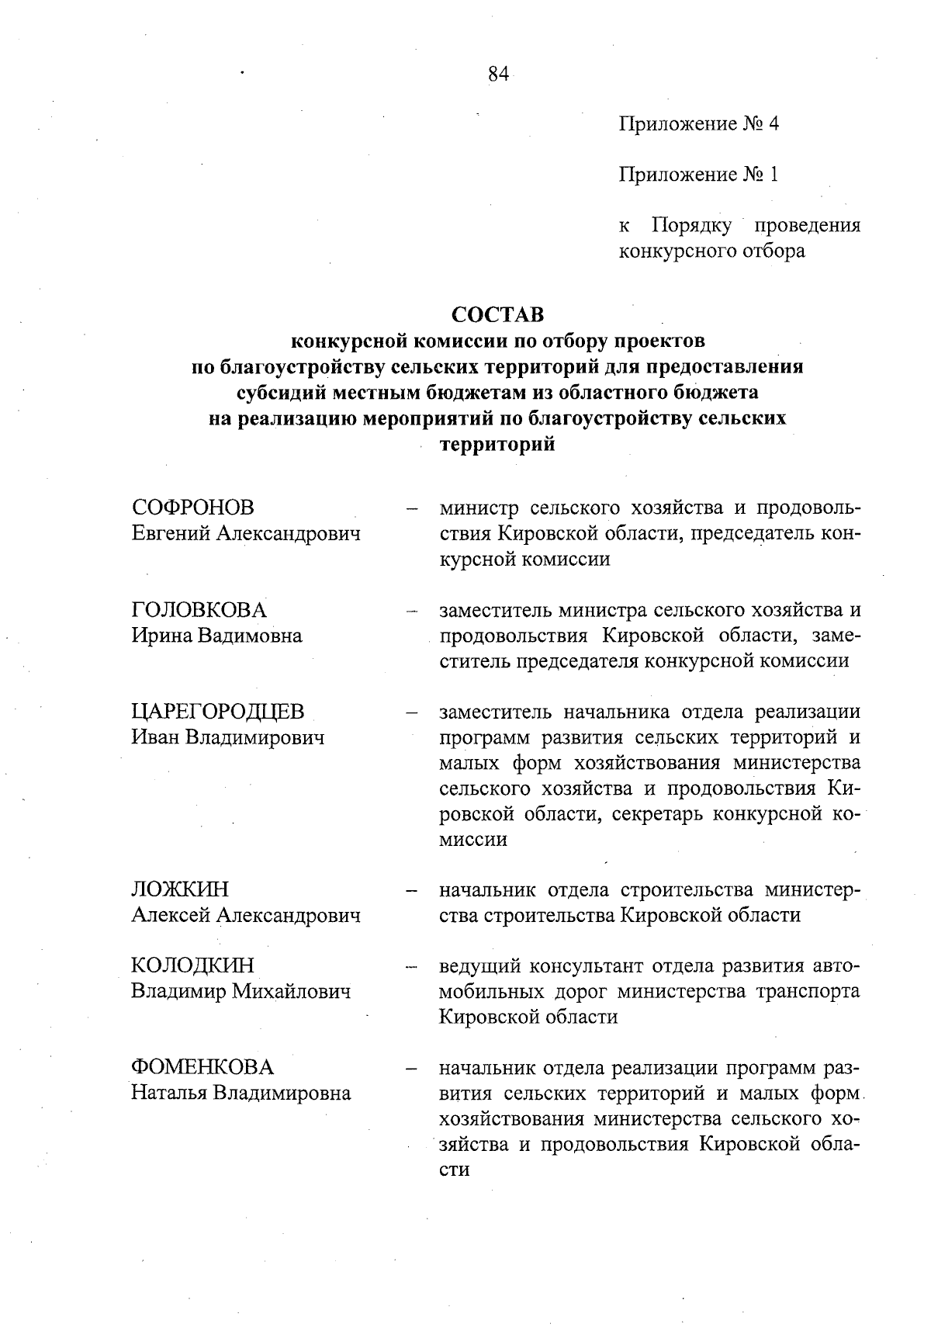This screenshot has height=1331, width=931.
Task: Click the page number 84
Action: (x=498, y=74)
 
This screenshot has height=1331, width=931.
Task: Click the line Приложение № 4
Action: (x=698, y=124)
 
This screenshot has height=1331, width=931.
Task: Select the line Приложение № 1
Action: (x=698, y=175)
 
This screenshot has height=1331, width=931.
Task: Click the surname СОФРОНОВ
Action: (x=193, y=508)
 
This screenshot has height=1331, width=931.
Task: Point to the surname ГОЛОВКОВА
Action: (x=199, y=610)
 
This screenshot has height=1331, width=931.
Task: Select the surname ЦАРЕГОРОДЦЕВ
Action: (x=218, y=712)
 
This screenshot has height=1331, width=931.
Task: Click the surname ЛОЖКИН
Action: (x=180, y=889)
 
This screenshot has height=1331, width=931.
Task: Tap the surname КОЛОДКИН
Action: (x=192, y=965)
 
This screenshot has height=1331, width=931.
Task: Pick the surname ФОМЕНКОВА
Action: (x=202, y=1067)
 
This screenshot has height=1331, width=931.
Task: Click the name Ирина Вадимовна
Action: (x=216, y=636)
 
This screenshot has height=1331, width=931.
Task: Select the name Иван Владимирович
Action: (x=227, y=737)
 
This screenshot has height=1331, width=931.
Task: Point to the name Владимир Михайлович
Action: (x=241, y=991)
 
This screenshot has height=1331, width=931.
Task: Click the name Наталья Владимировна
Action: (x=241, y=1093)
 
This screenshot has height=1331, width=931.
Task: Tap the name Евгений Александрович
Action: (x=246, y=533)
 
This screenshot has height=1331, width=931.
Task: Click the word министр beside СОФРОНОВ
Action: (x=478, y=508)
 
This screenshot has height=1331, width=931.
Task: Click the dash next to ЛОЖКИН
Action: (x=411, y=890)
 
